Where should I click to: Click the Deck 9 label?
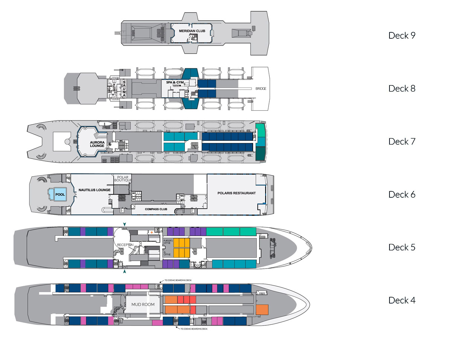[x=402, y=35]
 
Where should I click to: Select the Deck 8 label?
[x=402, y=88]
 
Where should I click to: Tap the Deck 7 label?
[x=402, y=142]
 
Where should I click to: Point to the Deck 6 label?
[x=402, y=195]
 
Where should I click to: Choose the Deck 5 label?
[x=402, y=247]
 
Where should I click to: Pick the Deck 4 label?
[x=402, y=301]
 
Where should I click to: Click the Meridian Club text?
[x=192, y=31]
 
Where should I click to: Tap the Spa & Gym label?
[x=174, y=82]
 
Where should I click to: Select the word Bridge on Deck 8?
[x=260, y=88]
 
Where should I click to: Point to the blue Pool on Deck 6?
[x=60, y=195]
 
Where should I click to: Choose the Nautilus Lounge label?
[x=95, y=190]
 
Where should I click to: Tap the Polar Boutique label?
[x=123, y=178]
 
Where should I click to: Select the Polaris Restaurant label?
[x=237, y=193]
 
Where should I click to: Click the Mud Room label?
[x=141, y=304]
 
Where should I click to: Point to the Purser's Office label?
[x=168, y=242]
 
